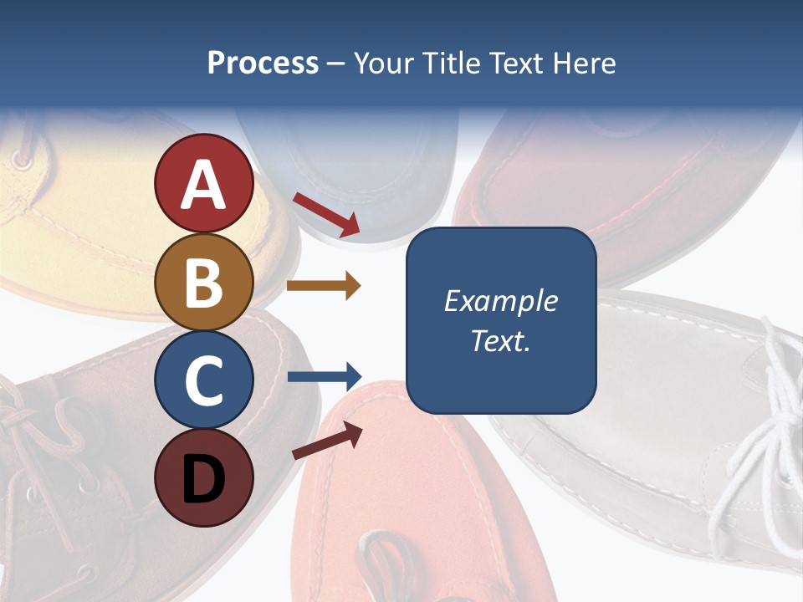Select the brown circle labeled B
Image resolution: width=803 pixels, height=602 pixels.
(x=203, y=282)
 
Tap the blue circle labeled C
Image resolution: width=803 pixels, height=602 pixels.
(x=203, y=380)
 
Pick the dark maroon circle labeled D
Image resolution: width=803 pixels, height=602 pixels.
(x=203, y=477)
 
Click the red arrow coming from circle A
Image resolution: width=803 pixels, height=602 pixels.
(x=326, y=214)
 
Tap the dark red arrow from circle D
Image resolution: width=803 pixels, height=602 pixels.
(x=327, y=440)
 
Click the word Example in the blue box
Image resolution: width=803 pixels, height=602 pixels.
(x=500, y=301)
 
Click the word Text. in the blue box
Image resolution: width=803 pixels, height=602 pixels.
(x=500, y=341)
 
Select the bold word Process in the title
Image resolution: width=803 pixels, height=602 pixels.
(x=263, y=63)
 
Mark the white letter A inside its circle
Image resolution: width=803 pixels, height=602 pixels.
(x=203, y=185)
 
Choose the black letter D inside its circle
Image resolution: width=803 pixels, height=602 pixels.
(x=203, y=480)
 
